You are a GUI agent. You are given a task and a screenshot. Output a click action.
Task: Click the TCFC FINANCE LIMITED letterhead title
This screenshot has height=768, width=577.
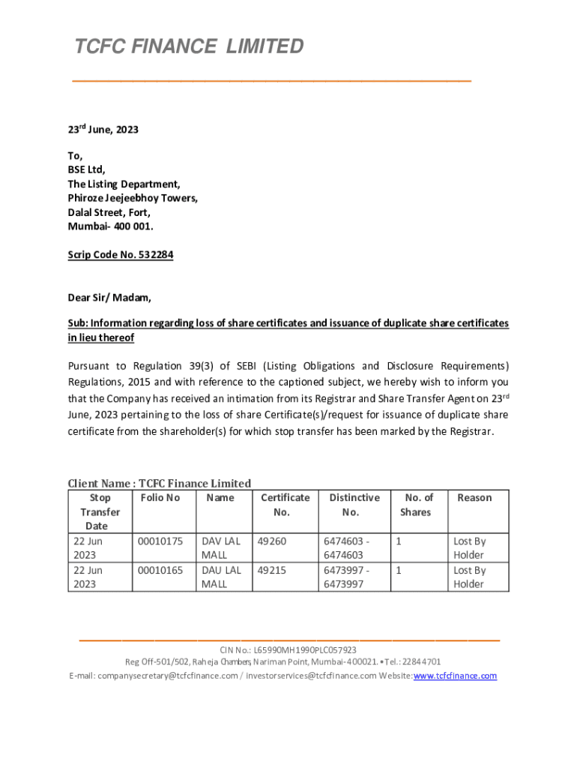tap(189, 46)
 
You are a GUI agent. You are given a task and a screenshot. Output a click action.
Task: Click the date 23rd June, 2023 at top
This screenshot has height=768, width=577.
tap(103, 130)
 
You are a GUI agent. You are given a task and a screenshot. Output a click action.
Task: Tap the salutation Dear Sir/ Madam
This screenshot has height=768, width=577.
tap(109, 298)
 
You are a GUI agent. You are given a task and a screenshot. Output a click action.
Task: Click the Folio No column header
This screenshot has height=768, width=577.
tap(160, 498)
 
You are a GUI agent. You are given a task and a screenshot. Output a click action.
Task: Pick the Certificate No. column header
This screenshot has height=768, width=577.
tap(285, 505)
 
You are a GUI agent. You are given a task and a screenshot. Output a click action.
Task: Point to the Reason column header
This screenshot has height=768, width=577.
tap(474, 498)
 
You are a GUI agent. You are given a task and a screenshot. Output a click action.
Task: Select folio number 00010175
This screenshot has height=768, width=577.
tap(160, 541)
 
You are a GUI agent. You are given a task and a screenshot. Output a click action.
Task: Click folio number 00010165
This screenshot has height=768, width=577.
tap(160, 570)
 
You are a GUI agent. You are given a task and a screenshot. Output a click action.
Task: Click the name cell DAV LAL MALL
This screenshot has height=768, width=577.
tap(221, 547)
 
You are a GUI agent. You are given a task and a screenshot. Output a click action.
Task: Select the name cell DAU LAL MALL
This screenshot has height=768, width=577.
tap(221, 577)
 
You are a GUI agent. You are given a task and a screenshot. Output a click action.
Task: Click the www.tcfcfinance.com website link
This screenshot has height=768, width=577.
tap(455, 676)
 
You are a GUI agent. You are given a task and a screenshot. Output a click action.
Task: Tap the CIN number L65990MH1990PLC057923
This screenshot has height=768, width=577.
tap(305, 650)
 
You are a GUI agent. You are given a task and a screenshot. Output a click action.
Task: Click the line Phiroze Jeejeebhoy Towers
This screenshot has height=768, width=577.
tap(133, 198)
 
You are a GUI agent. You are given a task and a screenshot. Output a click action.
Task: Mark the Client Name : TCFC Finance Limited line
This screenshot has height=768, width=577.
tap(160, 483)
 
